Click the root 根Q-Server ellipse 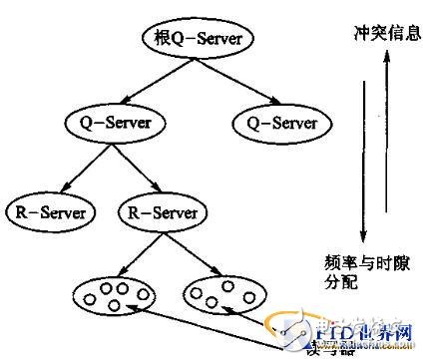(198, 39)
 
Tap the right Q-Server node (274, 124)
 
